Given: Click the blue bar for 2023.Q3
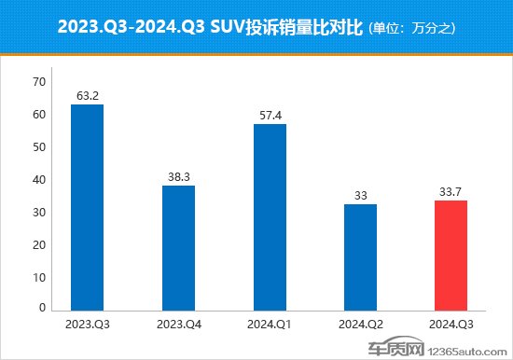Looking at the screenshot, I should point(88,207).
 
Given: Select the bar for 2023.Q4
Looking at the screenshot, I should point(178,247).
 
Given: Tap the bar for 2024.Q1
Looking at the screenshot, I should point(270,216).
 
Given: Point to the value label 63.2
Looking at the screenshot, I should point(88,95).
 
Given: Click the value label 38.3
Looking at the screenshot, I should point(178,176).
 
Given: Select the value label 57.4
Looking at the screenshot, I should point(270,115).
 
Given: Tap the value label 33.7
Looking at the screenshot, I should point(451,191).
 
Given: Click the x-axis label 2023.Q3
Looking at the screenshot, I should point(88,325).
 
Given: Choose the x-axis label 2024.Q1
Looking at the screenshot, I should point(270,325).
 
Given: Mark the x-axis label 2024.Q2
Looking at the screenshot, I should point(360,325).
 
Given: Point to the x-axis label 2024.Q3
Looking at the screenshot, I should point(451,325).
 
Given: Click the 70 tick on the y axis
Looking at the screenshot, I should point(38,82).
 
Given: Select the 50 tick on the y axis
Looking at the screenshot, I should point(38,146).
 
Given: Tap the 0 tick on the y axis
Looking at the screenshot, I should point(41,307).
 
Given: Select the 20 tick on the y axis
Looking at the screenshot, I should point(38,242).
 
